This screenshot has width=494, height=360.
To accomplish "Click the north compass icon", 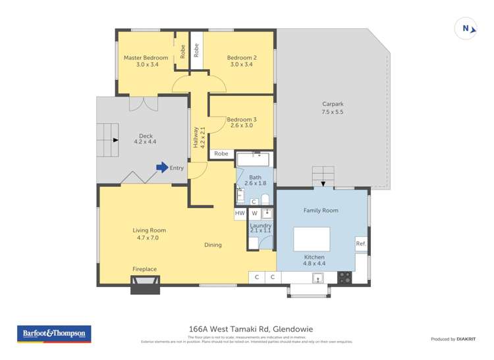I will coord(466,28).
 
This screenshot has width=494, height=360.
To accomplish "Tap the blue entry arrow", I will coord(162,168).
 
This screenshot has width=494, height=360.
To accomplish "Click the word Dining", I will coord(213,245).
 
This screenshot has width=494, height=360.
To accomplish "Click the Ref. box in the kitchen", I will coord(361,244).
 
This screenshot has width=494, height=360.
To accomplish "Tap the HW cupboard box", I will coord(240,213).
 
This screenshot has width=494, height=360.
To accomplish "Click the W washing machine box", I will coord(254,213).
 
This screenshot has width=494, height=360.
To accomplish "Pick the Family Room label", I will coord(320,211).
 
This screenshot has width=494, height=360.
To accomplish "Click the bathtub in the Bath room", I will coord(254,159).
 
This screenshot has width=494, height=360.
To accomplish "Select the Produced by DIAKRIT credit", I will coord(454,339).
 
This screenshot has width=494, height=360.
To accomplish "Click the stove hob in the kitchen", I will coord(344,278).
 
